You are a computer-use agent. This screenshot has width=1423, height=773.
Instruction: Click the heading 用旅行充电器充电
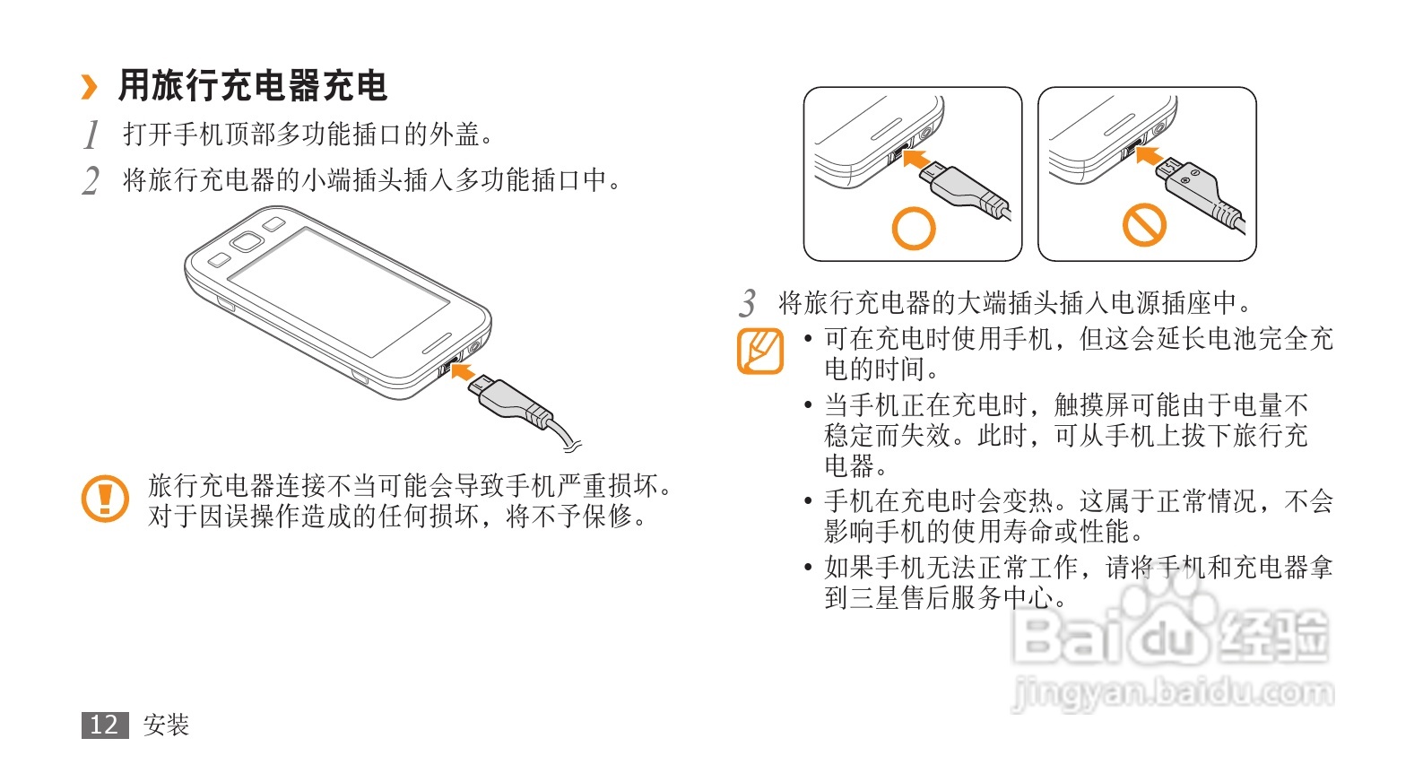tap(253, 86)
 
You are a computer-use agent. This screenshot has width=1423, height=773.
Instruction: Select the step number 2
tap(91, 181)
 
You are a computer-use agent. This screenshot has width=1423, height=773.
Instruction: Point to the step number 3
tap(747, 303)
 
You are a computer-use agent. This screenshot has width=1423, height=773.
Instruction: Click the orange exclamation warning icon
tap(106, 499)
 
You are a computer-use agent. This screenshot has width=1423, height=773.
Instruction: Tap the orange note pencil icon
tap(759, 352)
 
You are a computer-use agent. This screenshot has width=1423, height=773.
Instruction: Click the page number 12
tap(105, 725)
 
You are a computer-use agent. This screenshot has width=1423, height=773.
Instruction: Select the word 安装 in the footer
tap(167, 725)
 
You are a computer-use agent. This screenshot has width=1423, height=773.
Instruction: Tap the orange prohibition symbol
tap(1144, 224)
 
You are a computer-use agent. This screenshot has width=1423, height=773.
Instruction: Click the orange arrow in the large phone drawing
tap(463, 370)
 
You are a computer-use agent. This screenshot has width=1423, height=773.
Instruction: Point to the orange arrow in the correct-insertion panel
tap(915, 158)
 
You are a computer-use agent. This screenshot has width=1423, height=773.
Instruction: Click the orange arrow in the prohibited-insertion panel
tap(1149, 155)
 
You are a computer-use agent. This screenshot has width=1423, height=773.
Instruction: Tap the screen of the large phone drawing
tap(339, 291)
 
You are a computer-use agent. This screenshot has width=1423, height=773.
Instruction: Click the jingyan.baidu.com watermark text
tap(1173, 691)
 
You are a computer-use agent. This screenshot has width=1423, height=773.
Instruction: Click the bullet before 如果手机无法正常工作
tap(808, 567)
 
